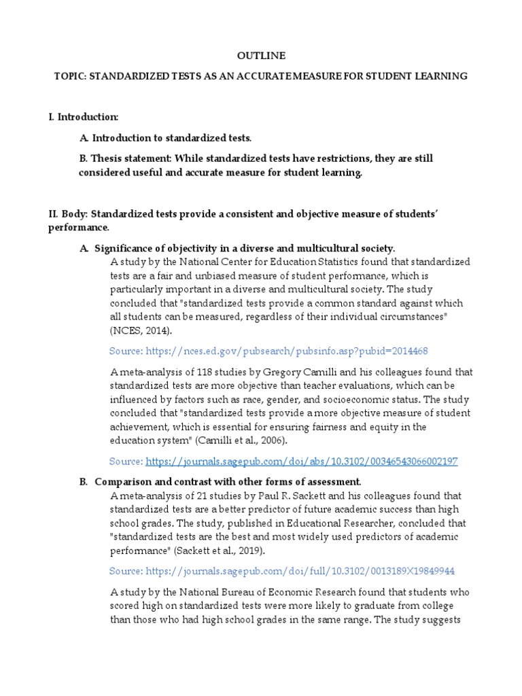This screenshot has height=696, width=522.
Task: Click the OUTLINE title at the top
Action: coord(261,56)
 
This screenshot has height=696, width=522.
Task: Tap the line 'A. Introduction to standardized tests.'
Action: coord(165,138)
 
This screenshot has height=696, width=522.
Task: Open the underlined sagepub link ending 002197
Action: coord(302,462)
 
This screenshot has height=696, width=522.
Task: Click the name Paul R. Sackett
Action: coord(294,496)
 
